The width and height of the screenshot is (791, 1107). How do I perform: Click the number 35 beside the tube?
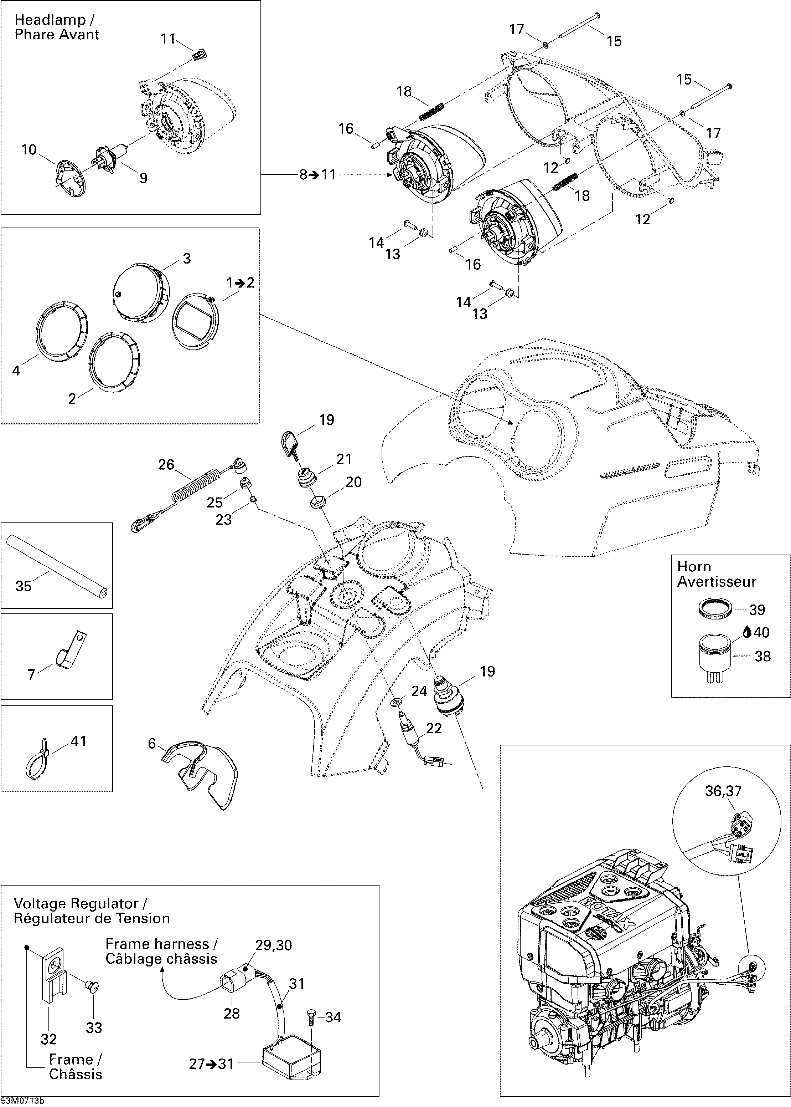[24, 586]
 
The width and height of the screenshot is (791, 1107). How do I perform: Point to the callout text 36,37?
[723, 790]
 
